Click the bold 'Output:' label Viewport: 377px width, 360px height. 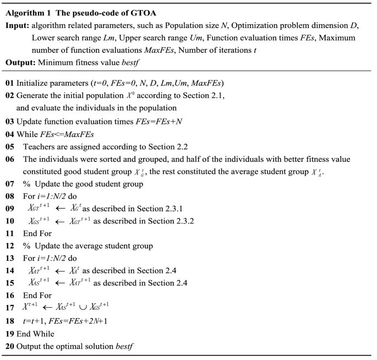point(20,62)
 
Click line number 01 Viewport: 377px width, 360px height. point(9,83)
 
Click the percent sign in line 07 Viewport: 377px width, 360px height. point(26,183)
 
